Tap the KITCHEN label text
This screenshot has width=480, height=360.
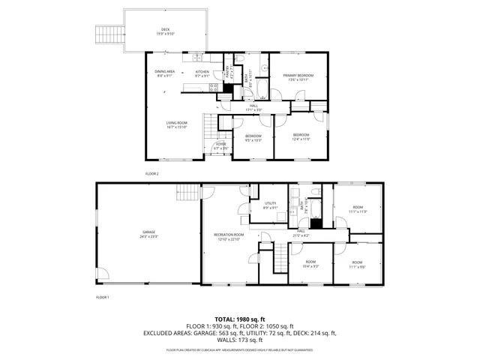click(202, 72)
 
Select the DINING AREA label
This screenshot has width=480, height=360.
click(166, 72)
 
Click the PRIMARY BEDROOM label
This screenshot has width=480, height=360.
click(298, 76)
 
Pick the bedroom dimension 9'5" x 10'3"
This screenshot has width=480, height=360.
click(253, 140)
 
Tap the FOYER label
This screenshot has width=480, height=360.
click(220, 144)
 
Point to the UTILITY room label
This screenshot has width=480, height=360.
click(271, 203)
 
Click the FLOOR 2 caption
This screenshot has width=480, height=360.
click(152, 173)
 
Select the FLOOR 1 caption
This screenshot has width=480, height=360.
click(103, 298)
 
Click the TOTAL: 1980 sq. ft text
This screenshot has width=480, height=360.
click(240, 319)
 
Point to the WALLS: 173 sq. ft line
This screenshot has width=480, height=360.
click(240, 340)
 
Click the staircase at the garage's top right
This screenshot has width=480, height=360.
click(187, 193)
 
